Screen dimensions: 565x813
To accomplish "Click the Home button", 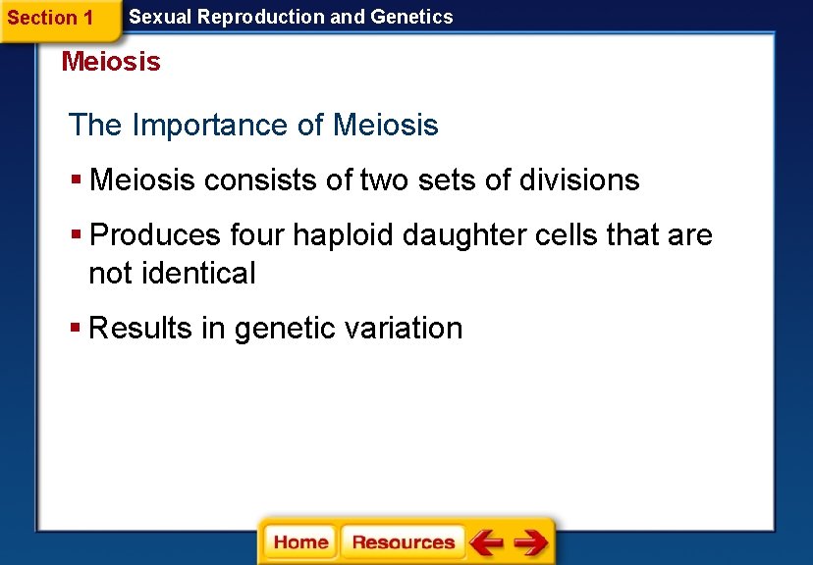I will pyautogui.click(x=300, y=542).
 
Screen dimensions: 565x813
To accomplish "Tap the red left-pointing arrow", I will pyautogui.click(x=486, y=542).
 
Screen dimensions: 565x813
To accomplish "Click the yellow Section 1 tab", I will pyautogui.click(x=51, y=18).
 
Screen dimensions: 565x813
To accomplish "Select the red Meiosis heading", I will pyautogui.click(x=111, y=62).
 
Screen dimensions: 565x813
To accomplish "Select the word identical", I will pyautogui.click(x=199, y=273).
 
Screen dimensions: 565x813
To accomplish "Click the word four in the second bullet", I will pyautogui.click(x=257, y=235).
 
